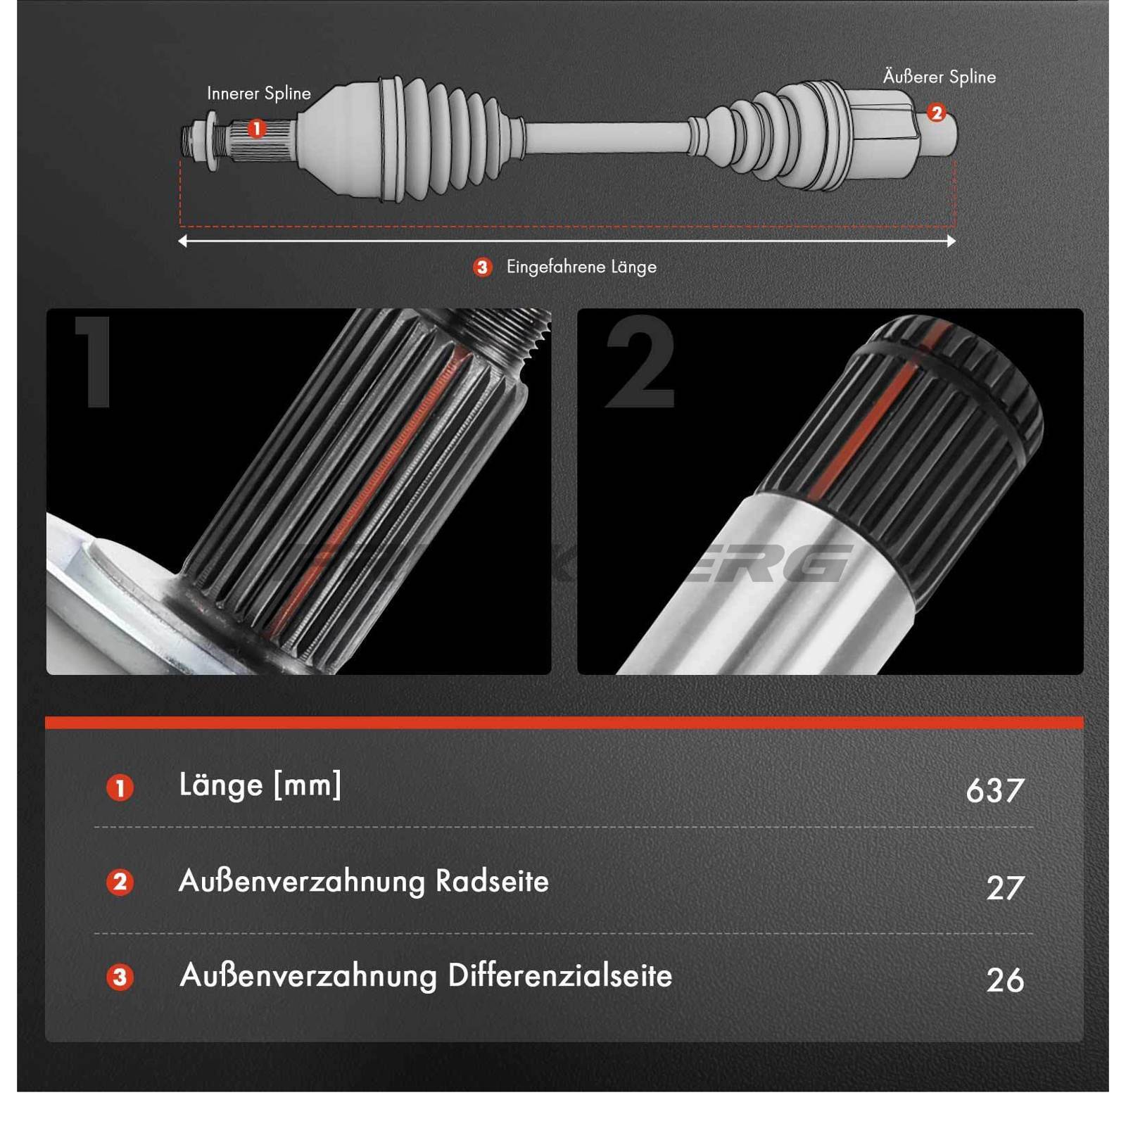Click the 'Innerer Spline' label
(258, 94)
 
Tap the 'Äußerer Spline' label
(939, 77)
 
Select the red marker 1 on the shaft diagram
(257, 129)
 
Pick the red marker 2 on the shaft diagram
(936, 113)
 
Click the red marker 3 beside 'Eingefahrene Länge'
(482, 267)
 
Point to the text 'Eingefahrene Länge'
(581, 267)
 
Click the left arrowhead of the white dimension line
(183, 241)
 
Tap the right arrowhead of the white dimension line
(951, 241)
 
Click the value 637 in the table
(994, 790)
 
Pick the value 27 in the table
(1004, 888)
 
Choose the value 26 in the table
(1004, 980)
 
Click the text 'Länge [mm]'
(260, 785)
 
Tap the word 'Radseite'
(492, 881)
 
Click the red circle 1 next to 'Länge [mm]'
(120, 788)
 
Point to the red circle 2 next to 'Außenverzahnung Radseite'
(120, 883)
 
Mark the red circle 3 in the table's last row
(120, 978)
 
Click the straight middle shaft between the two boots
(605, 137)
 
